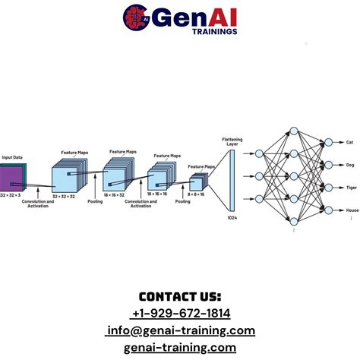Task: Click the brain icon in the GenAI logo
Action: tap(135, 15)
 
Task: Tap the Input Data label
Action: tap(11, 157)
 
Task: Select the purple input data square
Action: tap(11, 178)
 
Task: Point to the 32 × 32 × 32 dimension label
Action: tap(65, 195)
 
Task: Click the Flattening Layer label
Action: tap(232, 142)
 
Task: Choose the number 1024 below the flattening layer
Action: tap(232, 219)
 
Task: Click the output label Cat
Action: tap(350, 142)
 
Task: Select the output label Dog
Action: tap(350, 165)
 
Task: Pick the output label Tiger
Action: tap(352, 188)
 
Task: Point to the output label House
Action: tap(352, 210)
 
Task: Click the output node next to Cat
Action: tap(328, 142)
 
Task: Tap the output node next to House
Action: tap(328, 210)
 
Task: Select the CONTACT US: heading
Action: tap(180, 296)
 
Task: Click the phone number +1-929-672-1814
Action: tap(180, 313)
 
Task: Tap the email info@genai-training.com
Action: tap(180, 330)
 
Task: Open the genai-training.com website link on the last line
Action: tap(180, 347)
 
